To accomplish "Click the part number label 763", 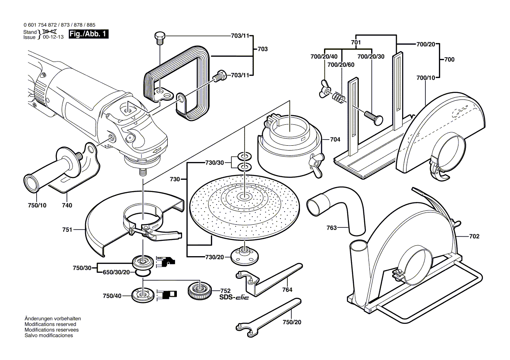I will (332, 227).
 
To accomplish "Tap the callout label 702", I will (474, 237).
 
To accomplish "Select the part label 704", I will (334, 140).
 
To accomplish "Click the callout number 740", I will (67, 205).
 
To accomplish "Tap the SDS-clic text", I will (234, 298).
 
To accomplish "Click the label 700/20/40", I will (324, 57).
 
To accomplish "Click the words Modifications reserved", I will (50, 325).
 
